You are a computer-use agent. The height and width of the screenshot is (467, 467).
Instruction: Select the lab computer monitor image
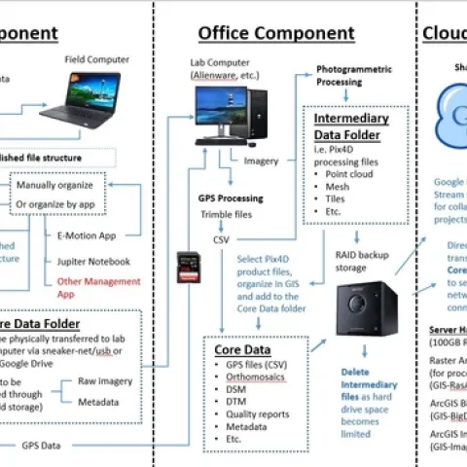(x=223, y=110)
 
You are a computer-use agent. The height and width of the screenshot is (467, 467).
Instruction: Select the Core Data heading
(x=242, y=348)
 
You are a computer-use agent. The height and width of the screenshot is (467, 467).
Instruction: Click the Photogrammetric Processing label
(x=358, y=77)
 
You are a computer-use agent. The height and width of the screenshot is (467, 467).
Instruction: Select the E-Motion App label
(x=89, y=234)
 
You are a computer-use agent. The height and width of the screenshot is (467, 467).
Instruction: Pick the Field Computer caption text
(x=96, y=59)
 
